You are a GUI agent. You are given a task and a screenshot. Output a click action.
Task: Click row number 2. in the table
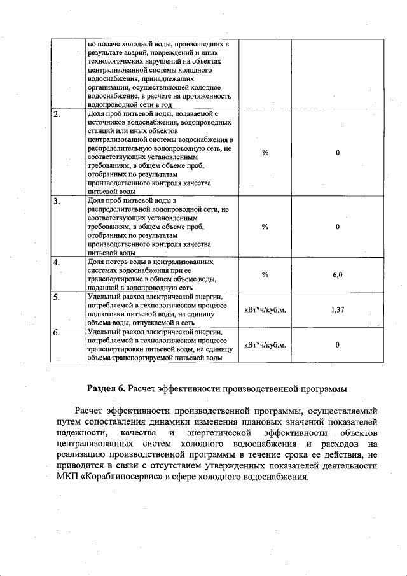pos(57,115)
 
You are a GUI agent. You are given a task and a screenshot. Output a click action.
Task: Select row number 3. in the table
pos(57,202)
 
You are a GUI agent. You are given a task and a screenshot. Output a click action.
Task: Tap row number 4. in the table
pos(57,262)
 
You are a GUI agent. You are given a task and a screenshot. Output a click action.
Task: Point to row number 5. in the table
pos(57,297)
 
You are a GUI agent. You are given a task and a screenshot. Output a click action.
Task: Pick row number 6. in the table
pos(57,332)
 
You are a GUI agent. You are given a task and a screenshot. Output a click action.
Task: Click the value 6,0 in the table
pos(338,274)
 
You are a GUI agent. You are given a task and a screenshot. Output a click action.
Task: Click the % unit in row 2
pos(265,153)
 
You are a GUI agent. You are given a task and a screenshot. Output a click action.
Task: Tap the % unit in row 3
pos(265,227)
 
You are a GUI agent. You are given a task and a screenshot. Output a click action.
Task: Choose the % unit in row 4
pos(265,274)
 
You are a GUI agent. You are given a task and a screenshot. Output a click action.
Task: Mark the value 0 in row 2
pos(338,153)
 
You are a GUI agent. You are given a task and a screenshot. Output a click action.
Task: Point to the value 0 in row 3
pos(338,227)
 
